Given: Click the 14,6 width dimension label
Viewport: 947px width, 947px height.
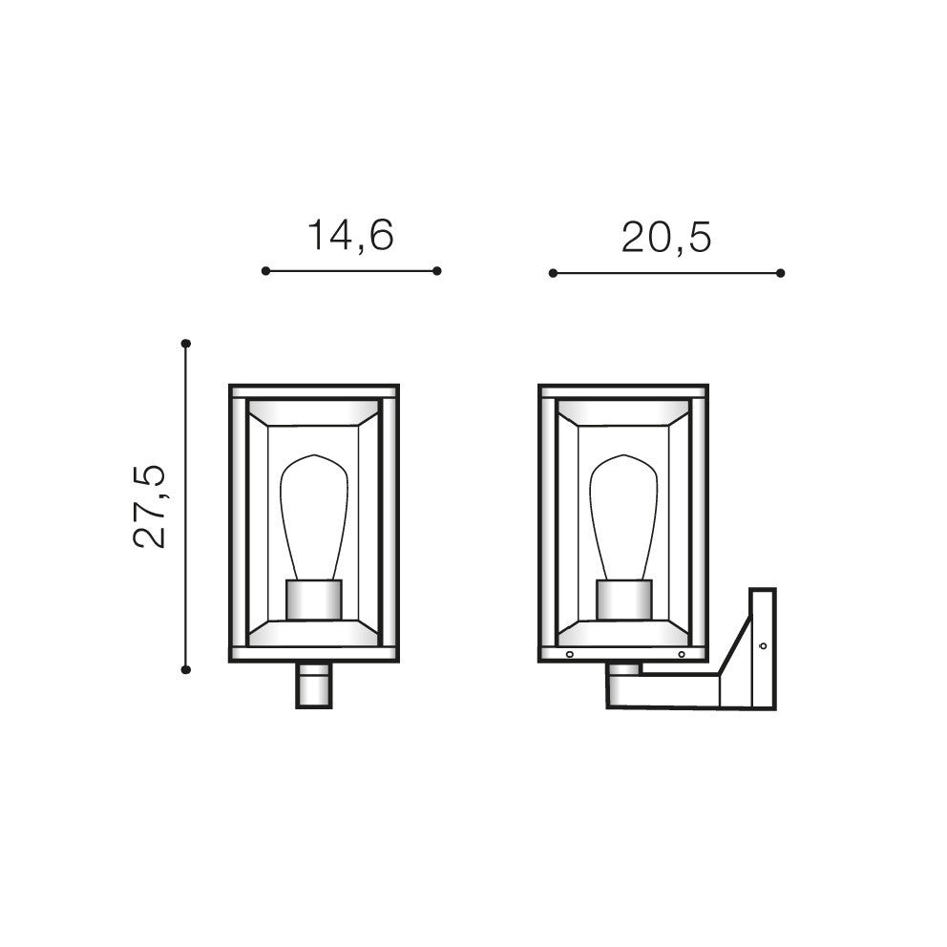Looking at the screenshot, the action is click(351, 235).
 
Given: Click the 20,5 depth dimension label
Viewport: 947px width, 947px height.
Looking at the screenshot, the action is click(666, 238).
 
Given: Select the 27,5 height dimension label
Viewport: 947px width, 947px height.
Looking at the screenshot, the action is click(149, 506).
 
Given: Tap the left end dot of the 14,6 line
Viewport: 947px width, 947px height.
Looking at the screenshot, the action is click(265, 270).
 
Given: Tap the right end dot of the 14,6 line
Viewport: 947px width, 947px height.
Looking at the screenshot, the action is click(437, 270).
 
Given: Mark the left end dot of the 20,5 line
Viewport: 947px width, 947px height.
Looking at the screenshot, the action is click(553, 273).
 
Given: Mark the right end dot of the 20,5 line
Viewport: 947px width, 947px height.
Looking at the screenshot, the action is click(780, 273).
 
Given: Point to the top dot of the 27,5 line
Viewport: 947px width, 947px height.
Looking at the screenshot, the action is click(186, 343).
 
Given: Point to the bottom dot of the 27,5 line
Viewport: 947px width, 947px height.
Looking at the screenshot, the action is click(186, 669).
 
